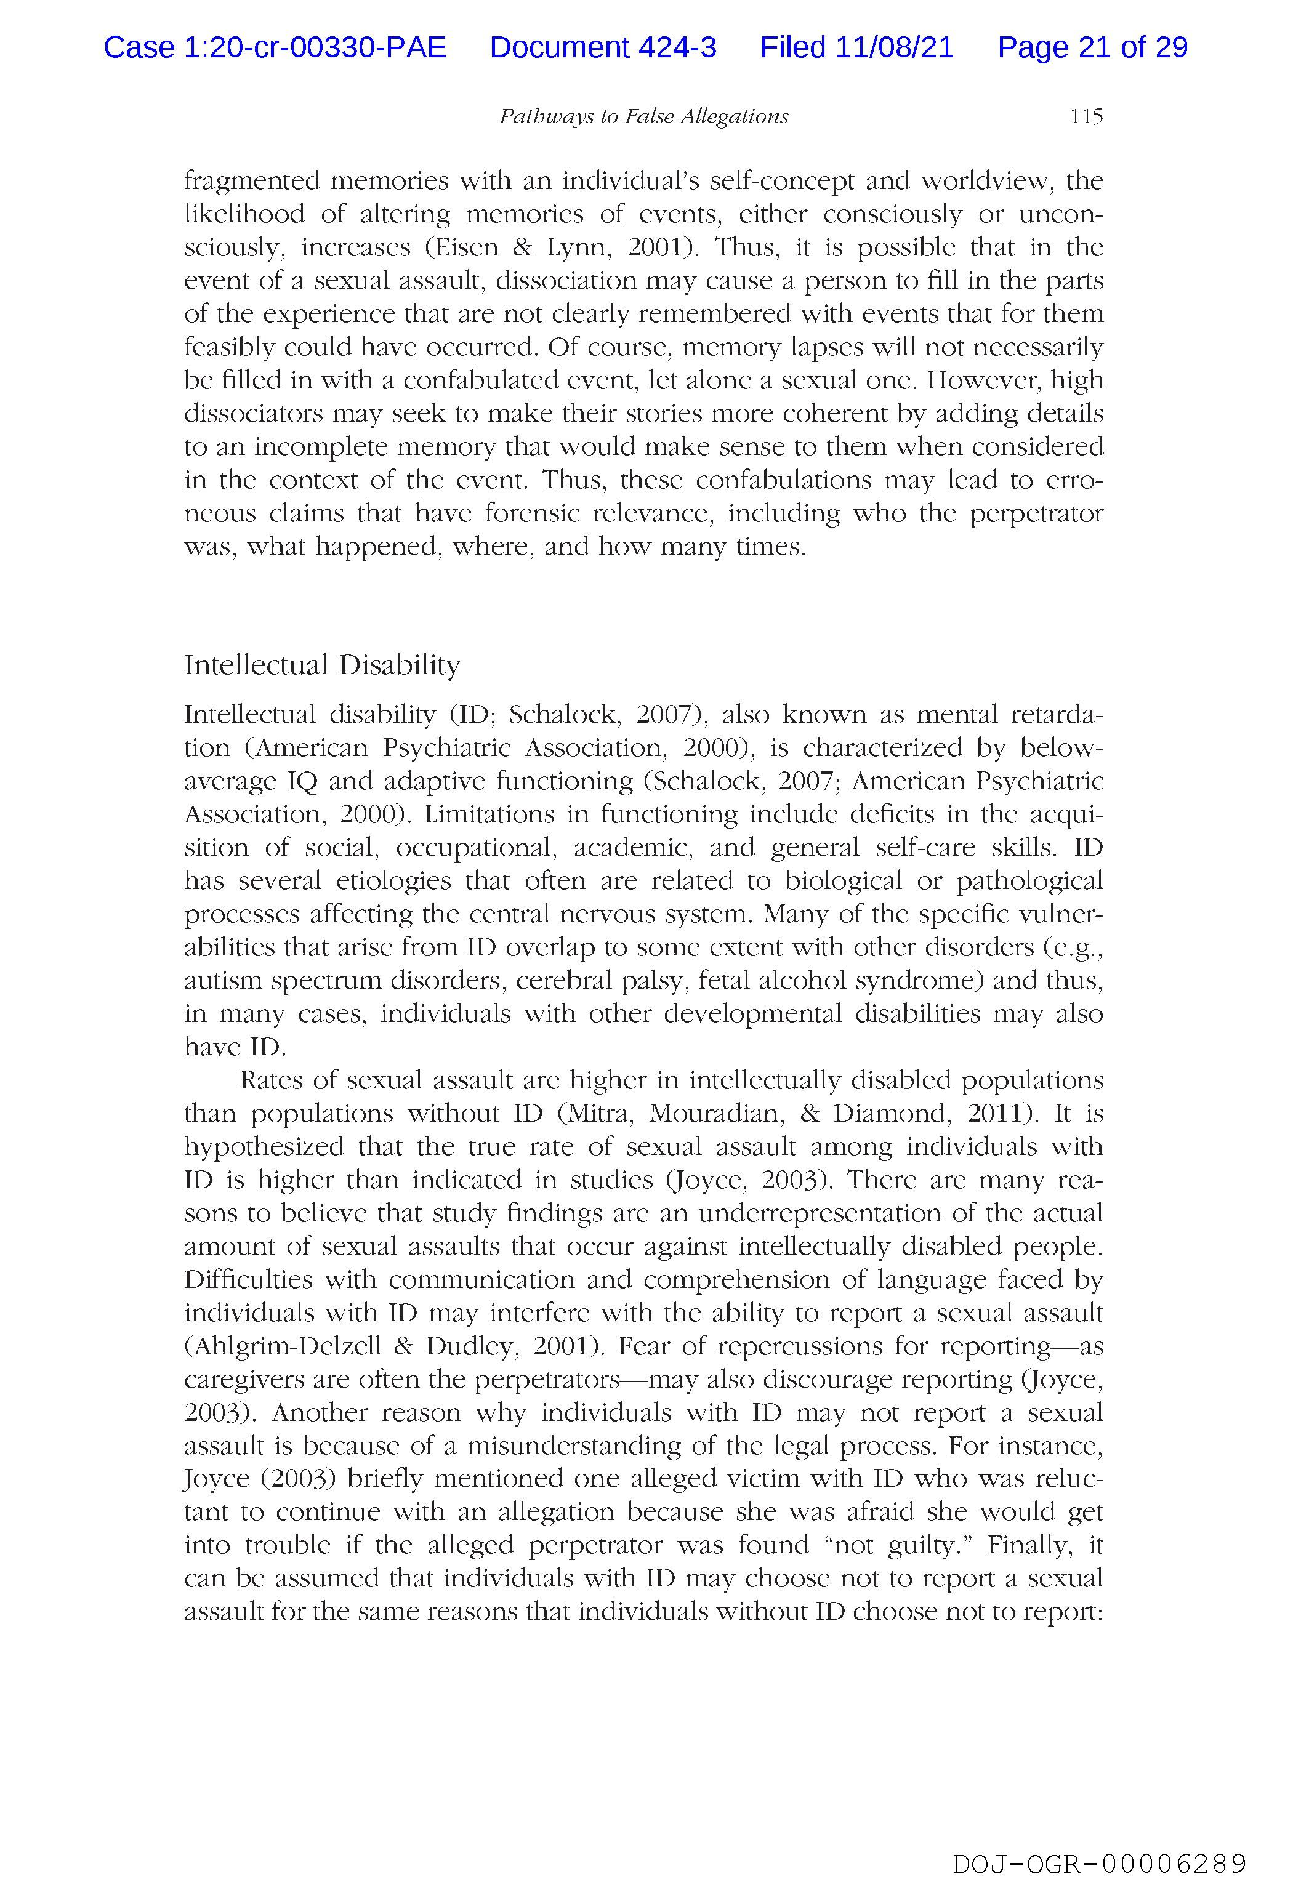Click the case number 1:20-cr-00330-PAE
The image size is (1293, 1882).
(x=275, y=48)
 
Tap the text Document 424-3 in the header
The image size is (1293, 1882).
(x=603, y=48)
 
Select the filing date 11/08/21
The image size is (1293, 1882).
(x=895, y=48)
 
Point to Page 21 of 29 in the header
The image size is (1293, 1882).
(x=1092, y=48)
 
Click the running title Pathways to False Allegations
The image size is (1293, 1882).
(x=643, y=116)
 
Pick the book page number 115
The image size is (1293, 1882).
(x=1086, y=116)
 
